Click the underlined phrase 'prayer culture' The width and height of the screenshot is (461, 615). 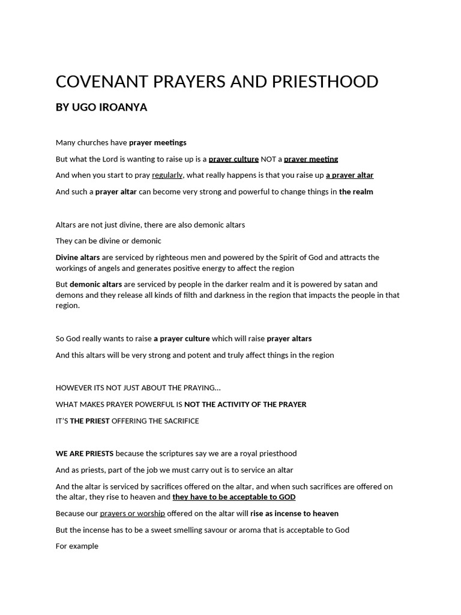tap(234, 159)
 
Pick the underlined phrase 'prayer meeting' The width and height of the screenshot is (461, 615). tap(311, 159)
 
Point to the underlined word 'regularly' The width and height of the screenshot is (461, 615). tap(167, 175)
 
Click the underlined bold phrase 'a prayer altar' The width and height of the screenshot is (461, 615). tap(349, 175)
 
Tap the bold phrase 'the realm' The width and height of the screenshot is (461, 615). tap(356, 192)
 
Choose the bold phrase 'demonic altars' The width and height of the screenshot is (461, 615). tap(95, 284)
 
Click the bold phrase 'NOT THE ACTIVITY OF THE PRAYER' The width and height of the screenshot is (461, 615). tap(245, 404)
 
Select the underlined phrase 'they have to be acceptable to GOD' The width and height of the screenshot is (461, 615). tap(234, 497)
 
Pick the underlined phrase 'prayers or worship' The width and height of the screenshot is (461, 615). tap(132, 514)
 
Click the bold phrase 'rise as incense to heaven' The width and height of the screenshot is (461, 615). tap(294, 514)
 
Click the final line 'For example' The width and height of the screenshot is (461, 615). tap(77, 546)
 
